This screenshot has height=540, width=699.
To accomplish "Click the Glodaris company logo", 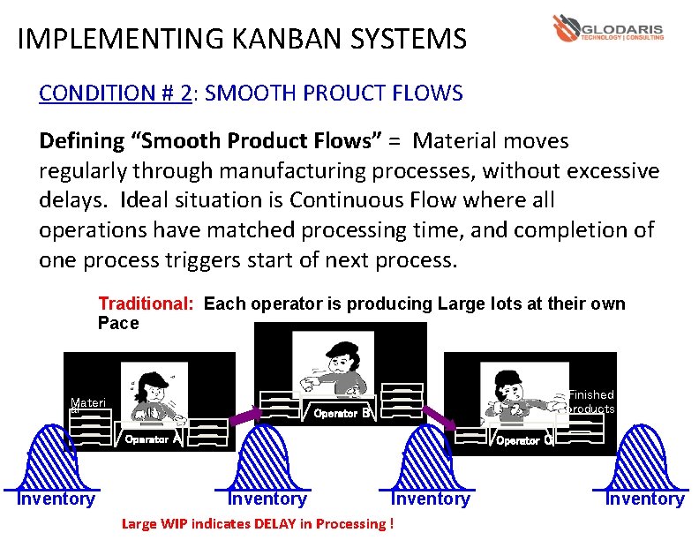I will pyautogui.click(x=607, y=29).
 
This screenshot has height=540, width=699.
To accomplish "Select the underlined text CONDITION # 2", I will pyautogui.click(x=115, y=94).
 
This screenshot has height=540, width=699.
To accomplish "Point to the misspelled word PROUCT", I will pyautogui.click(x=349, y=94).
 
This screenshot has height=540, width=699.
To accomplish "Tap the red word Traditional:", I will pyautogui.click(x=146, y=304).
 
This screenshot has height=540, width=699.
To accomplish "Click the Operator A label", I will pyautogui.click(x=153, y=439).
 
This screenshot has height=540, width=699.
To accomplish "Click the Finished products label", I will pyautogui.click(x=591, y=401).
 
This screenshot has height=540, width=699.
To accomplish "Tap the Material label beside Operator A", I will pyautogui.click(x=87, y=405).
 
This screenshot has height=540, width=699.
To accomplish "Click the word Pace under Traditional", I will pyautogui.click(x=118, y=324).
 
